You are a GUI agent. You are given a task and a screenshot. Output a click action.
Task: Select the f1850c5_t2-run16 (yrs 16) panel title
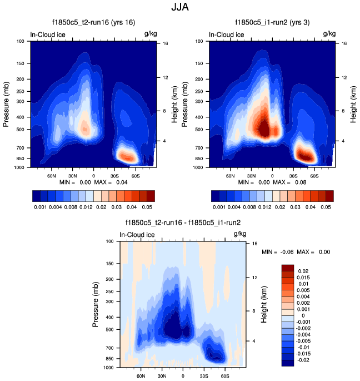point(93,23)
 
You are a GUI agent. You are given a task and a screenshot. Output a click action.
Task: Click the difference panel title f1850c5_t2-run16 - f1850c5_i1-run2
point(183,222)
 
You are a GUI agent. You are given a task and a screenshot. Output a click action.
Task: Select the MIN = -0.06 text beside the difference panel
point(277,252)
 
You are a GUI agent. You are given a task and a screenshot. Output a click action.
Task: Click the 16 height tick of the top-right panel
point(344,43)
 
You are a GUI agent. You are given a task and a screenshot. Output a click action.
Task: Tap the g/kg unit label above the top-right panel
point(329,34)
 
